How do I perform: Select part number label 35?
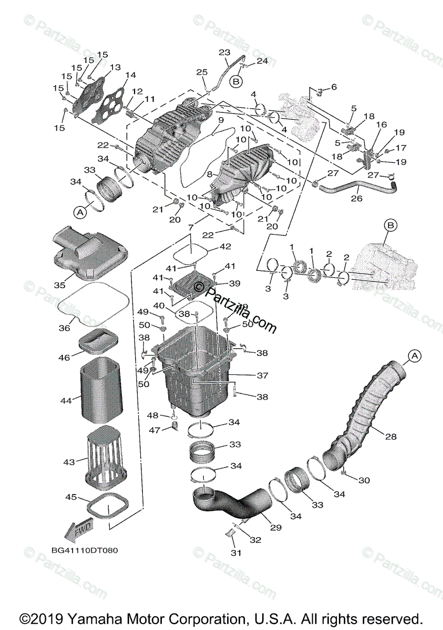[59, 285]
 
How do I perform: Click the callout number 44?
[66, 401]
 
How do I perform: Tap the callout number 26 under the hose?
[357, 199]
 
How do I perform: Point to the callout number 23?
[224, 53]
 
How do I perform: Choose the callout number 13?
[115, 68]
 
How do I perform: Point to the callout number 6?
[333, 87]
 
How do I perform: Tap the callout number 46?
[64, 358]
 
